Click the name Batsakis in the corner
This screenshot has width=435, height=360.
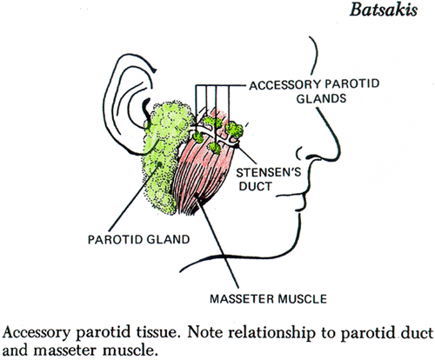click(384, 10)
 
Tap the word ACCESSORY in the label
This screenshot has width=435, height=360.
click(284, 85)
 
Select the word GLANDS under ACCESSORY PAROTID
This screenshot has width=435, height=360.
click(321, 99)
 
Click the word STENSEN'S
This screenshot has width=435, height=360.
click(269, 172)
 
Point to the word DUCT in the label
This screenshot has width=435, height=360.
click(255, 186)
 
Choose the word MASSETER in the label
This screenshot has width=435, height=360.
click(242, 299)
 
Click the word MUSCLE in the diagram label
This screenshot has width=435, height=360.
click(302, 299)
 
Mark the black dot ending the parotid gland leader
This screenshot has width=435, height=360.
click(159, 164)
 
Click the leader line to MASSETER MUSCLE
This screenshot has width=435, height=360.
click(217, 242)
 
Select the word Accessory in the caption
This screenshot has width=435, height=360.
click(37, 333)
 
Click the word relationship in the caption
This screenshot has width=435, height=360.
click(272, 333)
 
